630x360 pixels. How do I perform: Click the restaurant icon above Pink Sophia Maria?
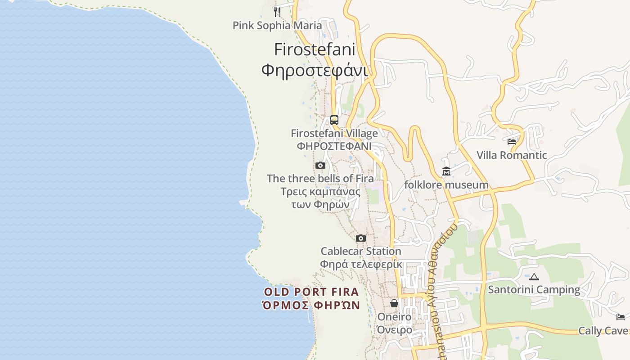pyautogui.click(x=277, y=12)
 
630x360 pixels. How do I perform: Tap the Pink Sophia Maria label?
pyautogui.click(x=277, y=25)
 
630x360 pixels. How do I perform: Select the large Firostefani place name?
pyautogui.click(x=315, y=49)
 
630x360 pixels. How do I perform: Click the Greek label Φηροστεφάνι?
pyautogui.click(x=315, y=70)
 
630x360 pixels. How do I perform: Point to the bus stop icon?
pyautogui.click(x=334, y=120)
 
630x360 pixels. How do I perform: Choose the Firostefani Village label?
pyautogui.click(x=334, y=133)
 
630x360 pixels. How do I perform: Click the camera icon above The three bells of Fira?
pyautogui.click(x=320, y=165)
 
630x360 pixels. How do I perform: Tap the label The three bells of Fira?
pyautogui.click(x=320, y=178)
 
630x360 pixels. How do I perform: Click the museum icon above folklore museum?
pyautogui.click(x=446, y=171)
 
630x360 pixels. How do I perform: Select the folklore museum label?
pyautogui.click(x=446, y=184)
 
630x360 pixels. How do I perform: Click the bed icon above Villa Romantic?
pyautogui.click(x=512, y=142)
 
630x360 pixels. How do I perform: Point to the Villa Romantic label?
pyautogui.click(x=512, y=155)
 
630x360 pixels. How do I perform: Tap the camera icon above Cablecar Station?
pyautogui.click(x=360, y=238)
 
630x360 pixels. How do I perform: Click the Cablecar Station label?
pyautogui.click(x=360, y=251)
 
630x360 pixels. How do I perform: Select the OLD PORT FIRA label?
pyautogui.click(x=311, y=292)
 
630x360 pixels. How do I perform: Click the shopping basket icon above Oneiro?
pyautogui.click(x=394, y=303)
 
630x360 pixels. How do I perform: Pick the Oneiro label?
pyautogui.click(x=394, y=317)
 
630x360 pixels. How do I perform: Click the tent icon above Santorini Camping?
pyautogui.click(x=534, y=277)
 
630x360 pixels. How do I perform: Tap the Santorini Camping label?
pyautogui.click(x=534, y=290)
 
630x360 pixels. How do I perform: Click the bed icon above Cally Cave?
pyautogui.click(x=621, y=317)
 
